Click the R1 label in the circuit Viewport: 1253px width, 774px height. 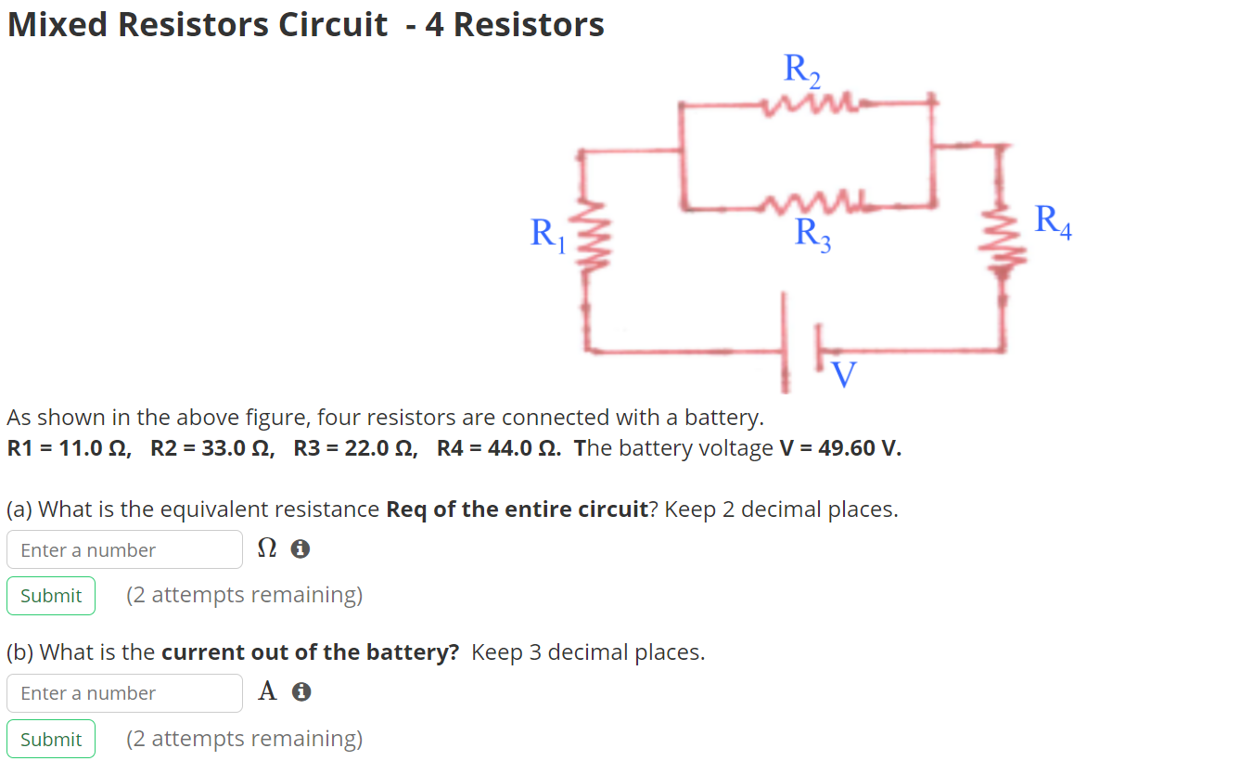[x=546, y=233]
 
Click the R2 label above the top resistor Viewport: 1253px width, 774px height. [x=802, y=71]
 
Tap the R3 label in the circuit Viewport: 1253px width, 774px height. [x=812, y=233]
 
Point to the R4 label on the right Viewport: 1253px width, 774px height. [x=1053, y=222]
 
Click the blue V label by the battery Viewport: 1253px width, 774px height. [x=843, y=373]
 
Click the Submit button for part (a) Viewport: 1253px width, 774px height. [x=51, y=596]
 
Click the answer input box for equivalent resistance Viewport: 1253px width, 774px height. [x=124, y=550]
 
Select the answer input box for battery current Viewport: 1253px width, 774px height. [x=124, y=693]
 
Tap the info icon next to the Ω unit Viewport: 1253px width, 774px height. [x=300, y=550]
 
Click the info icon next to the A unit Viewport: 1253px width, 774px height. [x=300, y=692]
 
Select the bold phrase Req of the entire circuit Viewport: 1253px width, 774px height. [x=516, y=510]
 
